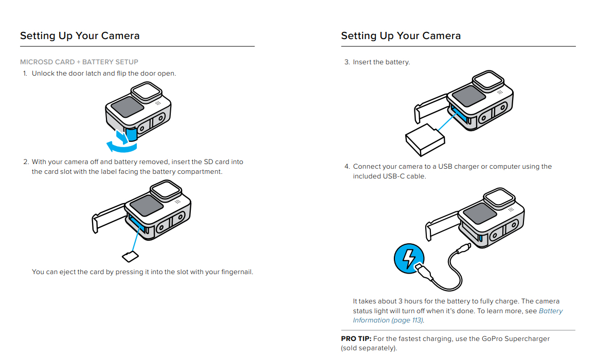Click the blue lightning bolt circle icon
click(x=408, y=258)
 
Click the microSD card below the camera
click(x=130, y=256)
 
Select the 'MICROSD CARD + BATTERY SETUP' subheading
click(x=79, y=62)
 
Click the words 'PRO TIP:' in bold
click(x=356, y=339)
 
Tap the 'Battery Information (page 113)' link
click(x=458, y=315)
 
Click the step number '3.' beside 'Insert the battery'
click(x=347, y=62)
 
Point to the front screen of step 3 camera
click(x=466, y=96)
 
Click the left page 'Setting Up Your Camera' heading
click(x=80, y=36)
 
